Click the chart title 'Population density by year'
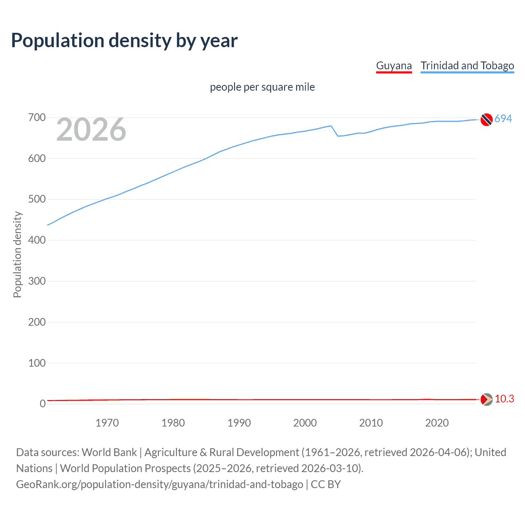(x=124, y=40)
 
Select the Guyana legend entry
(x=394, y=66)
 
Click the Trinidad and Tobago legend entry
(x=467, y=66)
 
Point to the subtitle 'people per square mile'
(x=262, y=87)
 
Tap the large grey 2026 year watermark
(x=91, y=130)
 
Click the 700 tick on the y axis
(x=37, y=118)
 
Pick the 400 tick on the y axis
(x=37, y=240)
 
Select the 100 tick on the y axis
(x=37, y=363)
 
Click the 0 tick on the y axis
(x=43, y=404)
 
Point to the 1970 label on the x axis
(x=107, y=423)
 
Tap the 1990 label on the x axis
(x=239, y=423)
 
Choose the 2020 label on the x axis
(x=437, y=423)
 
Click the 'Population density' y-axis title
(x=17, y=254)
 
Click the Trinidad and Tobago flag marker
(x=486, y=119)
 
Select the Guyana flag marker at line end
(x=486, y=399)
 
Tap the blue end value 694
(x=503, y=119)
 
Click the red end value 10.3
(x=504, y=399)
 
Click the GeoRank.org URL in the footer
(x=160, y=484)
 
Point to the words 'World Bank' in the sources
(x=109, y=452)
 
